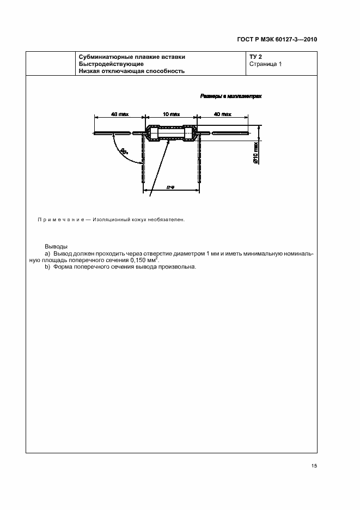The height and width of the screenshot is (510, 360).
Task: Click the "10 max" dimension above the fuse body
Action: [x=171, y=114]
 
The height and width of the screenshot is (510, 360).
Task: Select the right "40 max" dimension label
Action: [x=223, y=114]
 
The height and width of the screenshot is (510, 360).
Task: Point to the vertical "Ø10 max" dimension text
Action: [x=255, y=154]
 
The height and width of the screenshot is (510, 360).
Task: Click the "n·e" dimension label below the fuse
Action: [x=170, y=187]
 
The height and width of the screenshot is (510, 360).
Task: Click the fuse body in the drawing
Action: [x=171, y=133]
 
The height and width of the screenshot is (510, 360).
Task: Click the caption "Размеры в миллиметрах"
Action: [x=231, y=96]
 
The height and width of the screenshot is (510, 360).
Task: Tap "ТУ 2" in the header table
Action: [x=256, y=57]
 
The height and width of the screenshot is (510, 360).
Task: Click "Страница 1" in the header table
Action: [x=265, y=64]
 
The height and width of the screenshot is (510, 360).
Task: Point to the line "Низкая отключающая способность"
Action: [x=132, y=71]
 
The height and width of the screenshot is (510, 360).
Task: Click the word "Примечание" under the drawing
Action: [x=59, y=220]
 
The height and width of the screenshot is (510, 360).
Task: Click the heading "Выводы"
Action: [x=56, y=247]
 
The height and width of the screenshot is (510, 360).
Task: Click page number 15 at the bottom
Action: [x=314, y=466]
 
